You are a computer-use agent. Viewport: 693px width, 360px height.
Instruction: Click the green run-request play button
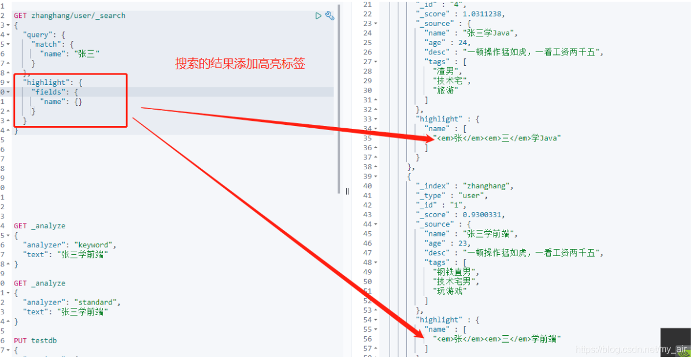pyautogui.click(x=318, y=16)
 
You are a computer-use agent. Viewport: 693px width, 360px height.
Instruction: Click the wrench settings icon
pyautogui.click(x=330, y=16)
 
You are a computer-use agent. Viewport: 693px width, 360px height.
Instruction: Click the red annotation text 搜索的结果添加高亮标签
pyautogui.click(x=240, y=64)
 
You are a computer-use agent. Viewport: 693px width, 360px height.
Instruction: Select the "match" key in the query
pyautogui.click(x=47, y=44)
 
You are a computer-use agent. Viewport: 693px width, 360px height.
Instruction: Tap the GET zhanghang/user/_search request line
pyautogui.click(x=69, y=16)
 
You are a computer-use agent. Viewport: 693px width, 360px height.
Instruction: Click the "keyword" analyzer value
pyautogui.click(x=95, y=245)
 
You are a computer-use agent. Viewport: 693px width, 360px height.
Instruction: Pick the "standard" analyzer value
pyautogui.click(x=97, y=302)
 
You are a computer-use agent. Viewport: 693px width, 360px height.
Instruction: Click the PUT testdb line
pyautogui.click(x=35, y=340)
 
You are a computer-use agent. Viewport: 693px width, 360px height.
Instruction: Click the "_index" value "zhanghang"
pyautogui.click(x=487, y=186)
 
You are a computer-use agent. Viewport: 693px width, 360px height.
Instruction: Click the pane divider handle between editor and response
pyautogui.click(x=347, y=191)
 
